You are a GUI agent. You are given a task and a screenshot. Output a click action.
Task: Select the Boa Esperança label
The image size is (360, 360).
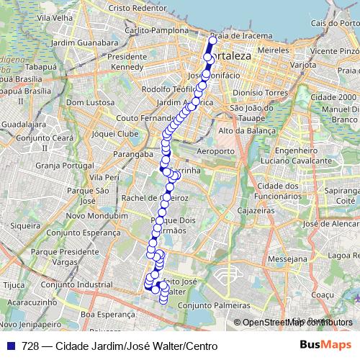[x=108, y=314]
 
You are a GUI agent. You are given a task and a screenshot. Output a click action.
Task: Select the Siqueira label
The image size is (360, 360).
[x=25, y=225]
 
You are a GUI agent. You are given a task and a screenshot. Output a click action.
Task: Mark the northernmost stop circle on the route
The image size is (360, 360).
[x=212, y=40]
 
